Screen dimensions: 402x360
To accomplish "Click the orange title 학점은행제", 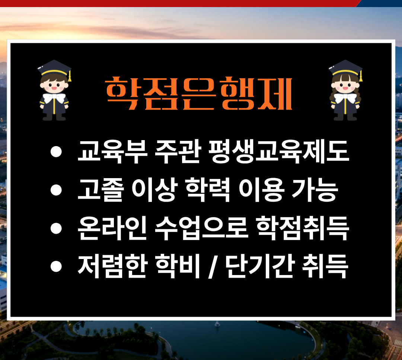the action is [x=199, y=93].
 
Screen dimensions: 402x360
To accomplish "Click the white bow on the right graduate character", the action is [x=345, y=98].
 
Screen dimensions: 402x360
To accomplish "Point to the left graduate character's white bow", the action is [x=54, y=98].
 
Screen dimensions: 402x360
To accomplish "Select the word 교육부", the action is [x=112, y=152].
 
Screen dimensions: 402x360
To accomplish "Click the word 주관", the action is [x=178, y=152].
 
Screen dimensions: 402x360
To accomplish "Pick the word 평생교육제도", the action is [x=279, y=152].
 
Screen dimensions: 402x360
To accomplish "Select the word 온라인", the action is [x=112, y=228].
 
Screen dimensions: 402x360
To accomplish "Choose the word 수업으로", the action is [x=201, y=228].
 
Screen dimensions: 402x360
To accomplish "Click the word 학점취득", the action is [x=303, y=228].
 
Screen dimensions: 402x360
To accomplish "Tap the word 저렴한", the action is [x=112, y=266].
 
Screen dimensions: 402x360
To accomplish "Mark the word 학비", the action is [x=178, y=266].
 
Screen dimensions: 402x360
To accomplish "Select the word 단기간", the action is [x=259, y=266].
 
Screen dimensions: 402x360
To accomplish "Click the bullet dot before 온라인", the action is [x=56, y=228].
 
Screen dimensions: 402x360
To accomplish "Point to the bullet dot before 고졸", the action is [x=56, y=190].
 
